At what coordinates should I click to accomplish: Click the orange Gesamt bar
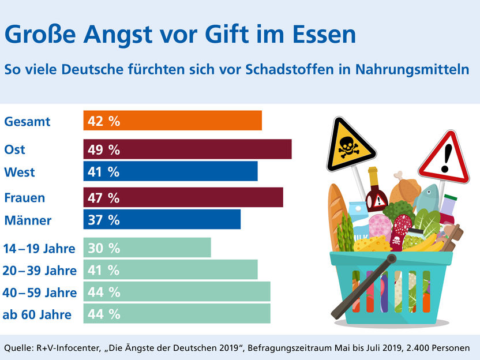pyautogui.click(x=173, y=121)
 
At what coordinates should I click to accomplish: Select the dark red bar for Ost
pyautogui.click(x=187, y=149)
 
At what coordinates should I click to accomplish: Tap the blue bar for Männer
pyautogui.click(x=162, y=220)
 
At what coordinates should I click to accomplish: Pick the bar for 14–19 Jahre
pyautogui.click(x=147, y=248)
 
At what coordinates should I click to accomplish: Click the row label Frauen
pyautogui.click(x=25, y=198)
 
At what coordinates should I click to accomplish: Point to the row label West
pyautogui.click(x=20, y=172)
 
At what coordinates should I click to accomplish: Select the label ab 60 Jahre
pyautogui.click(x=37, y=314)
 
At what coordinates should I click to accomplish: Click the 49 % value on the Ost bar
pyautogui.click(x=104, y=149)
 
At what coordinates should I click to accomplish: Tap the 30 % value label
pyautogui.click(x=104, y=248)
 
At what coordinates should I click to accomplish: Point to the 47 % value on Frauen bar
pyautogui.click(x=104, y=198)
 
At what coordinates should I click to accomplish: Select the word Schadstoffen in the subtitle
pyautogui.click(x=313, y=69)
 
